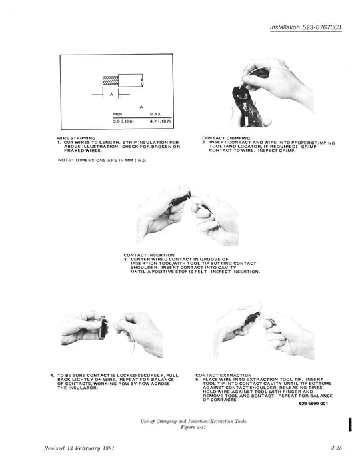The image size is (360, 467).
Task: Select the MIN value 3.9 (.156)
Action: (125, 121)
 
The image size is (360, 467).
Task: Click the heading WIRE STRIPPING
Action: (76, 138)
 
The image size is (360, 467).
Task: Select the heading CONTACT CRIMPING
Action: (226, 138)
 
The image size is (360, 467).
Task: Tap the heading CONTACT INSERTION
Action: (149, 255)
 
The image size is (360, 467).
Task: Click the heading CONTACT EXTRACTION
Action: (223, 375)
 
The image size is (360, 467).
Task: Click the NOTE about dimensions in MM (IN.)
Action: (101, 159)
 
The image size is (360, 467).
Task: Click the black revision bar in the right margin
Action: (349, 424)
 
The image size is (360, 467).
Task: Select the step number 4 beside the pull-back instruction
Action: (53, 375)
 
